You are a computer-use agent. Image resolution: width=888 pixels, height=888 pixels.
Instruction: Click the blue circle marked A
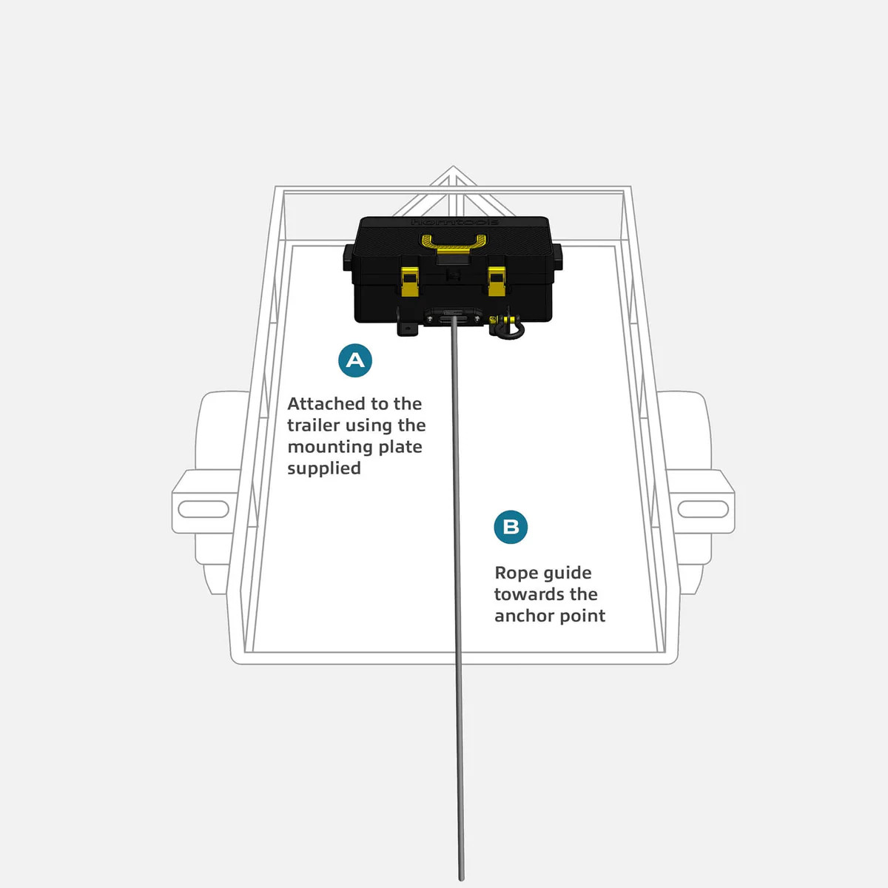355,360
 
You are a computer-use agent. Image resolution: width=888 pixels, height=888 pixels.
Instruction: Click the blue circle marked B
511,527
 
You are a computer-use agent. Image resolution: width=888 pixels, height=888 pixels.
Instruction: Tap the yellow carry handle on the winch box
454,244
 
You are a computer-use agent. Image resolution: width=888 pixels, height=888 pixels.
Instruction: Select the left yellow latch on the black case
408,281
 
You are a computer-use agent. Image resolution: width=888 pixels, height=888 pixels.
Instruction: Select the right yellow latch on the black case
497,281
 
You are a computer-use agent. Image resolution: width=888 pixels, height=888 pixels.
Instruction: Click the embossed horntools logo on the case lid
454,222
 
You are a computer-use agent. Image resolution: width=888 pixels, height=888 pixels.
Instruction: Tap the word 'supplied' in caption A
324,469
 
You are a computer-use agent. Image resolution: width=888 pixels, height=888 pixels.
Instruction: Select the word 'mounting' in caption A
326,448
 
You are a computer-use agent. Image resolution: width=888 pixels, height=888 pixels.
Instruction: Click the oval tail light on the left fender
203,509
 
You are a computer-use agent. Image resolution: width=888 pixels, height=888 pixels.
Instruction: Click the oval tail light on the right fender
703,509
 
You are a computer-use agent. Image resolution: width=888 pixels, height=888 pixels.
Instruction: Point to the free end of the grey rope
461,879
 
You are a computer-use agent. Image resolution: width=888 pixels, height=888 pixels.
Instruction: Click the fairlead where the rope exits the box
453,317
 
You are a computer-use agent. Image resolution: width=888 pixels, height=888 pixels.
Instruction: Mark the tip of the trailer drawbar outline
453,166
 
